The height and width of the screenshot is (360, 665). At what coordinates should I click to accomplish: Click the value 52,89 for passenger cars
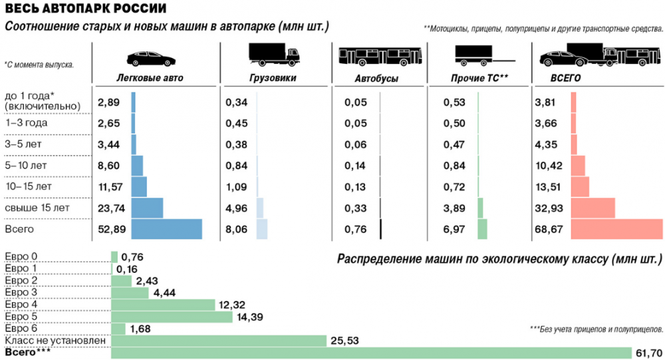click(108, 230)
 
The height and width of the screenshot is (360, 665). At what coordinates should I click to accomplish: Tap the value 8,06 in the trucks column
click(237, 230)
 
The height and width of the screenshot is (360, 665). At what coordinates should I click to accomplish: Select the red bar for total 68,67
click(617, 229)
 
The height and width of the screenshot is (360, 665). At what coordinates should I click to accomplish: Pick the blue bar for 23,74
click(147, 208)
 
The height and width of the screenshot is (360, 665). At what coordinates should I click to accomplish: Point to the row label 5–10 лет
click(26, 165)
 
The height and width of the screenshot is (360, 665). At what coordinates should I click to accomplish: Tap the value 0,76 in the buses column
click(356, 230)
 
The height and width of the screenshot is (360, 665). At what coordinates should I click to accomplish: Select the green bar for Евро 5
click(172, 317)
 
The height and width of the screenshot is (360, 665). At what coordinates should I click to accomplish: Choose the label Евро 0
click(21, 257)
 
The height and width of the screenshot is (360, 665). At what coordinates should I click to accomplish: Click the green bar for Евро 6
click(118, 329)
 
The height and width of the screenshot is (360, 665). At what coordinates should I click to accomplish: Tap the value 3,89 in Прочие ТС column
click(457, 209)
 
